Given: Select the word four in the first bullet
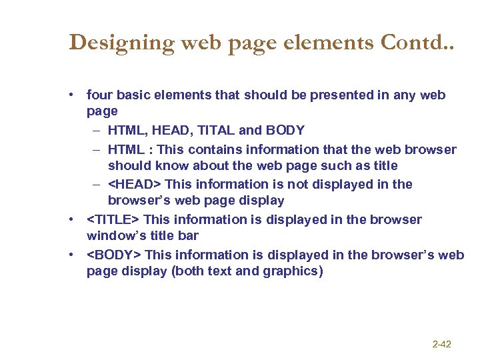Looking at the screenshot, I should pyautogui.click(x=100, y=95).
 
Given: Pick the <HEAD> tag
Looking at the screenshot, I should pyautogui.click(x=135, y=184).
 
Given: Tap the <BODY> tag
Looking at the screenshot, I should pyautogui.click(x=114, y=255).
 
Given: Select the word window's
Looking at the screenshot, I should pyautogui.click(x=115, y=236).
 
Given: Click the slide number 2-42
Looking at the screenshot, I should pyautogui.click(x=441, y=344).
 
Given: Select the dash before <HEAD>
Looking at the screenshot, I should pyautogui.click(x=97, y=184).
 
